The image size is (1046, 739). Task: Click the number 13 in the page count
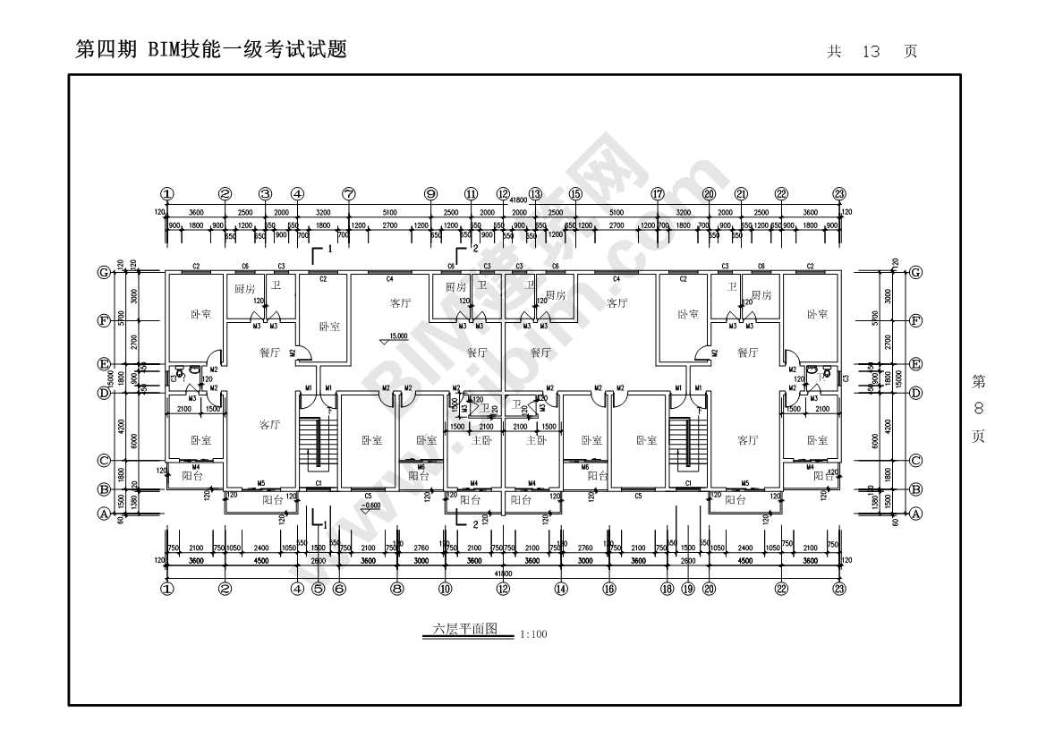point(871,52)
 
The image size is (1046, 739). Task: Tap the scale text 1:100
point(533,634)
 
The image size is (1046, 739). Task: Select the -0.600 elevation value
point(370,505)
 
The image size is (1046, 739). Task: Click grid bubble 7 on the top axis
point(349,194)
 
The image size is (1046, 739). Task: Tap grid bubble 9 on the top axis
point(430,194)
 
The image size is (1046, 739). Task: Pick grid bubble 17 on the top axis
point(658,194)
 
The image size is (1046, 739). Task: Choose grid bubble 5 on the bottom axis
point(318,589)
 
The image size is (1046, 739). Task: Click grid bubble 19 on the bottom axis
point(687,589)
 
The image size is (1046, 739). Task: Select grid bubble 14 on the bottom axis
point(561,589)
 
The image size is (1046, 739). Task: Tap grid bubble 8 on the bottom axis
point(397,589)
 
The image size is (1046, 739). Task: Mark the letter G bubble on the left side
point(105,273)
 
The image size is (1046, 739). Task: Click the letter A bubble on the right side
point(915,514)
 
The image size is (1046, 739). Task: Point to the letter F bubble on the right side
point(915,319)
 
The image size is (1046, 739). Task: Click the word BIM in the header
point(160,50)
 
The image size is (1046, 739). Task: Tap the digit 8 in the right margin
point(979,409)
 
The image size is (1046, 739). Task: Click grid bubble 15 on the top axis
point(575,194)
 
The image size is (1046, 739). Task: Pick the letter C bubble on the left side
point(105,461)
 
